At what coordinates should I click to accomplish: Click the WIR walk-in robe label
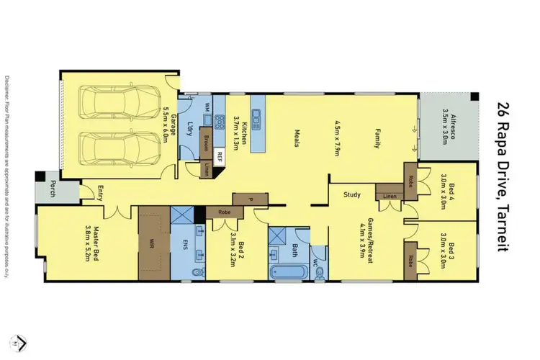150,243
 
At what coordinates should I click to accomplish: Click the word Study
352,194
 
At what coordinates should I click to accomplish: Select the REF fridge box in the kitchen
220,154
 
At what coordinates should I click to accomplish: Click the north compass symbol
22,339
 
